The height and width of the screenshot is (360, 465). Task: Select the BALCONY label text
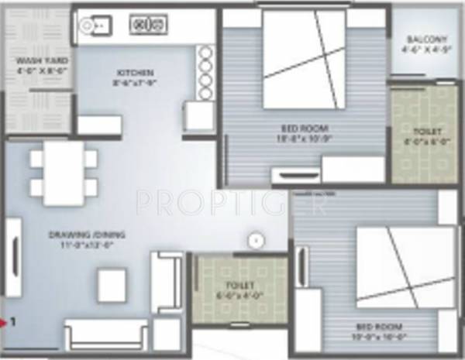pos(425,40)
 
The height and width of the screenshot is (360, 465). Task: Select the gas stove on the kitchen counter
pos(146,26)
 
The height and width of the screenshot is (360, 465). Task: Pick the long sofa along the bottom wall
pos(106,334)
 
